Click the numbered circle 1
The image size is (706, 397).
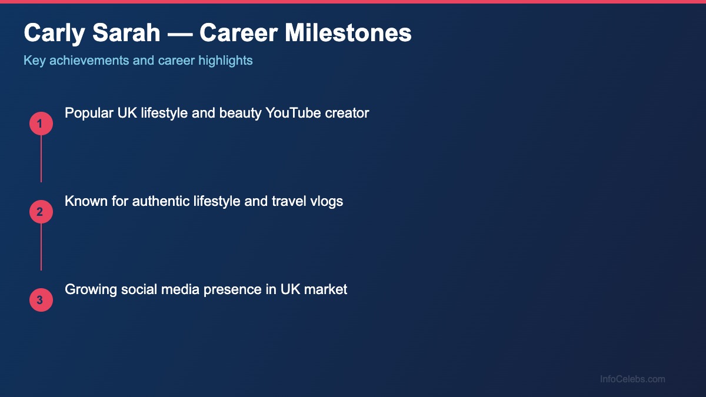[41, 124]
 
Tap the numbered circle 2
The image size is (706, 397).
[41, 212]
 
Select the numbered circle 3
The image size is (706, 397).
[41, 300]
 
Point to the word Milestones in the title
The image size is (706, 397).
[348, 33]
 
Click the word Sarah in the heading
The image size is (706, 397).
[126, 33]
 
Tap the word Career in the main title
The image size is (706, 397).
[238, 33]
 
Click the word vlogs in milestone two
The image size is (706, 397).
[327, 201]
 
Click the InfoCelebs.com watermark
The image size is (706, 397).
[632, 379]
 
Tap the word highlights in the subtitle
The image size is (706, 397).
[225, 60]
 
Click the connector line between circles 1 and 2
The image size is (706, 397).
[41, 159]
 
